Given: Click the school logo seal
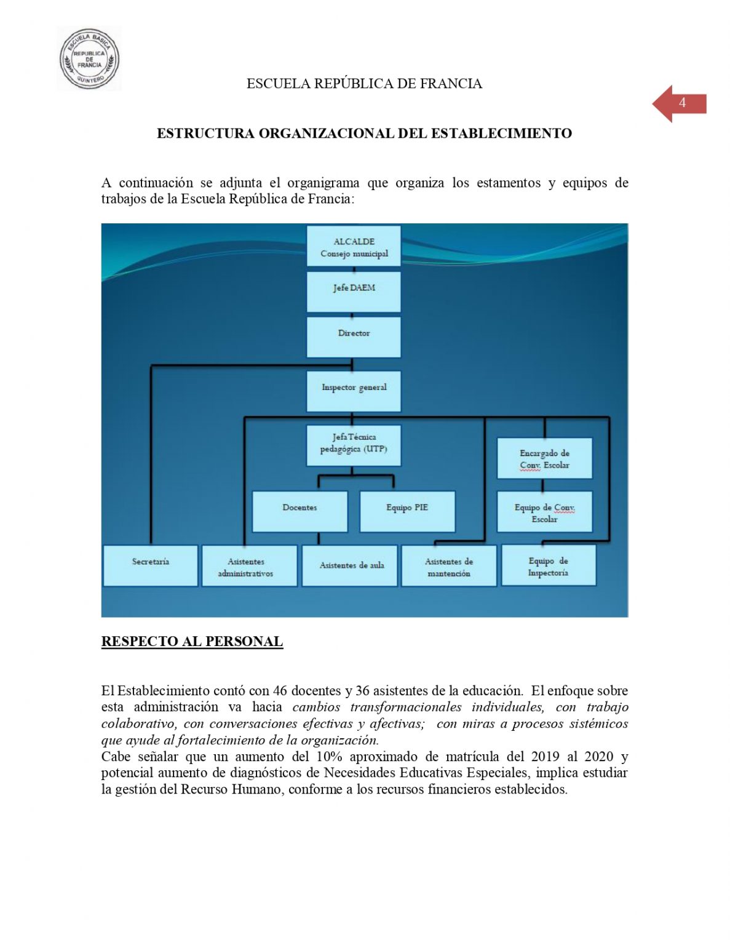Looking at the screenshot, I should (x=89, y=59).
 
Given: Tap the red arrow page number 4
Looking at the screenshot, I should (x=680, y=103).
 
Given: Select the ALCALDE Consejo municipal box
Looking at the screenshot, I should (x=354, y=247).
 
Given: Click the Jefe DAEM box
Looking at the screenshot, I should (x=354, y=292).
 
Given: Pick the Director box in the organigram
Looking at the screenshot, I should (x=354, y=337).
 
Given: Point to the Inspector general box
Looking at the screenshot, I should (x=354, y=391).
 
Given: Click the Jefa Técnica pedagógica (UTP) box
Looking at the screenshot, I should (x=353, y=445).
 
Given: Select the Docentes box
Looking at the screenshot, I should (x=300, y=511).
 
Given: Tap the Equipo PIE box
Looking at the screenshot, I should (x=407, y=511).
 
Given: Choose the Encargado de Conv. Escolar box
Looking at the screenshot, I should (x=544, y=458).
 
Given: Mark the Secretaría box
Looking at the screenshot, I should (x=151, y=565).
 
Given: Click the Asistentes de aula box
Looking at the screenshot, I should (x=349, y=565).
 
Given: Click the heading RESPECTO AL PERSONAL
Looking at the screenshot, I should (x=192, y=641).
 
